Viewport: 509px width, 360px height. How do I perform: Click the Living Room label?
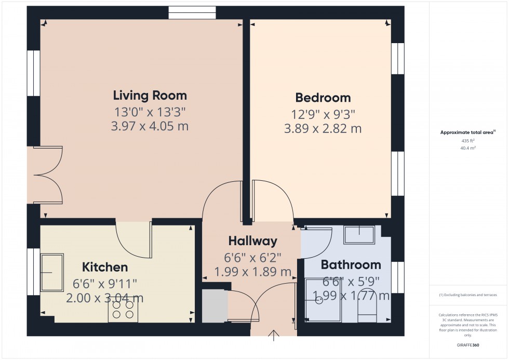[x=150, y=96]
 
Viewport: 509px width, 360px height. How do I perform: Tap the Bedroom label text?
[x=323, y=98]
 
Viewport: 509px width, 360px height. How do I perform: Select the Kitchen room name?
[x=105, y=268]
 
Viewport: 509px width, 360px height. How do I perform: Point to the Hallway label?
[x=252, y=241]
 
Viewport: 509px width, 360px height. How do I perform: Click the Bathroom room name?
[x=351, y=265]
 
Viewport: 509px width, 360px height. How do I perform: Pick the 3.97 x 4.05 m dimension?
[x=150, y=126]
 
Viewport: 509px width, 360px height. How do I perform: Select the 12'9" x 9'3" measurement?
[x=323, y=113]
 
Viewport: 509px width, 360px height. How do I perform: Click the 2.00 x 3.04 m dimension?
[x=105, y=298]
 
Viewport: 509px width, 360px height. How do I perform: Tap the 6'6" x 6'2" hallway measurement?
[x=252, y=257]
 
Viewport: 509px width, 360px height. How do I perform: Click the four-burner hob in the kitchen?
[x=123, y=310]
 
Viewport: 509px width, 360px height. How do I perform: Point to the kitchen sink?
[x=52, y=272]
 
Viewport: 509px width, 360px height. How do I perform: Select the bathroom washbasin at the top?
[x=359, y=234]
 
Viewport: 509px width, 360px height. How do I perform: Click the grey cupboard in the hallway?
[x=215, y=306]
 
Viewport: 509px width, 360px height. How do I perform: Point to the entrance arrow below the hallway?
[x=274, y=335]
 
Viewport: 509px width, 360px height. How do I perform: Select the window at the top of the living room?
[x=192, y=13]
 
